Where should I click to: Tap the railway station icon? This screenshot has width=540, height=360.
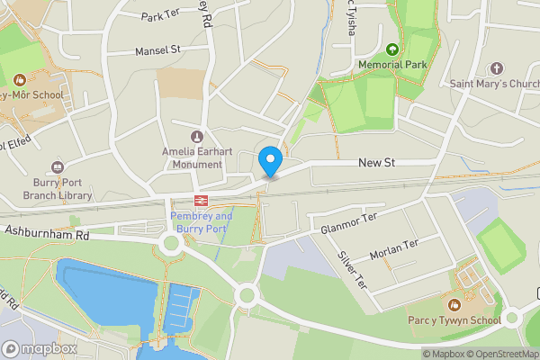[201, 200]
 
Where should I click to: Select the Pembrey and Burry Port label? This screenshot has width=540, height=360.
[201, 222]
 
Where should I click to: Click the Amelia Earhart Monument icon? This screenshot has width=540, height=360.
[197, 135]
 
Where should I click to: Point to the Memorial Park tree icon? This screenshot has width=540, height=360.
[391, 49]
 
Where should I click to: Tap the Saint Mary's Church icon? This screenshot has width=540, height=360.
[496, 68]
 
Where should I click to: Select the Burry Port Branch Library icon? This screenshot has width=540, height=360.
[58, 166]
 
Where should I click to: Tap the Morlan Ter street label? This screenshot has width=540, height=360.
[394, 246]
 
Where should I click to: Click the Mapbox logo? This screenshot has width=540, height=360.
[40, 348]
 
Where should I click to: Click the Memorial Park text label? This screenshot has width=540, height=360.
[391, 65]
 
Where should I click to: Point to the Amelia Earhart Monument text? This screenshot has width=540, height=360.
[192, 157]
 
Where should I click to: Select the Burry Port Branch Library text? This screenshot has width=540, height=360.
[58, 188]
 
